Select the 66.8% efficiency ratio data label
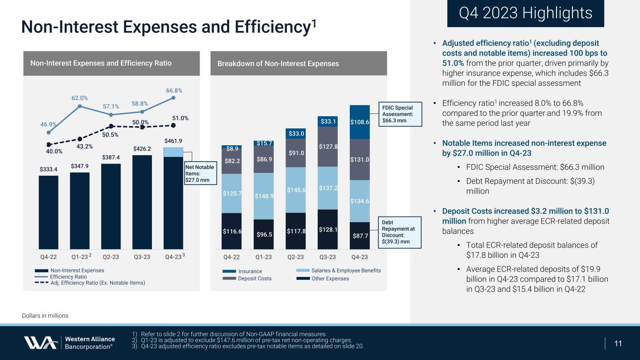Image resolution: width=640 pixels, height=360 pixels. coord(174,90)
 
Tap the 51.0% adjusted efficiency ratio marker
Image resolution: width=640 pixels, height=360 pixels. coord(173,125)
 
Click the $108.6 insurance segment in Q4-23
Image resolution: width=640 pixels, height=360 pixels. coord(360,122)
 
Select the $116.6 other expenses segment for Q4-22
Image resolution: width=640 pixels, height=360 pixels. coord(232,231)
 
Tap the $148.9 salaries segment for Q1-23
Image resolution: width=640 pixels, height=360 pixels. coord(264,196)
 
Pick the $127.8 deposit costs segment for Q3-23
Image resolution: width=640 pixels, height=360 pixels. coord(327,146)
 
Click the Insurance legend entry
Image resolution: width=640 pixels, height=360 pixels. coord(249,271)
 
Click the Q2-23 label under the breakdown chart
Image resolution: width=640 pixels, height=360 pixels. coord(295,257)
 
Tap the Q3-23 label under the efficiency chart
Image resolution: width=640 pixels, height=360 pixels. coord(142,257)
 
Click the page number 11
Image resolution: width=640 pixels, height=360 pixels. coord(618,343)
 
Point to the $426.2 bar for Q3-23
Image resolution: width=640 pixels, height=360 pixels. coord(142,202)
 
